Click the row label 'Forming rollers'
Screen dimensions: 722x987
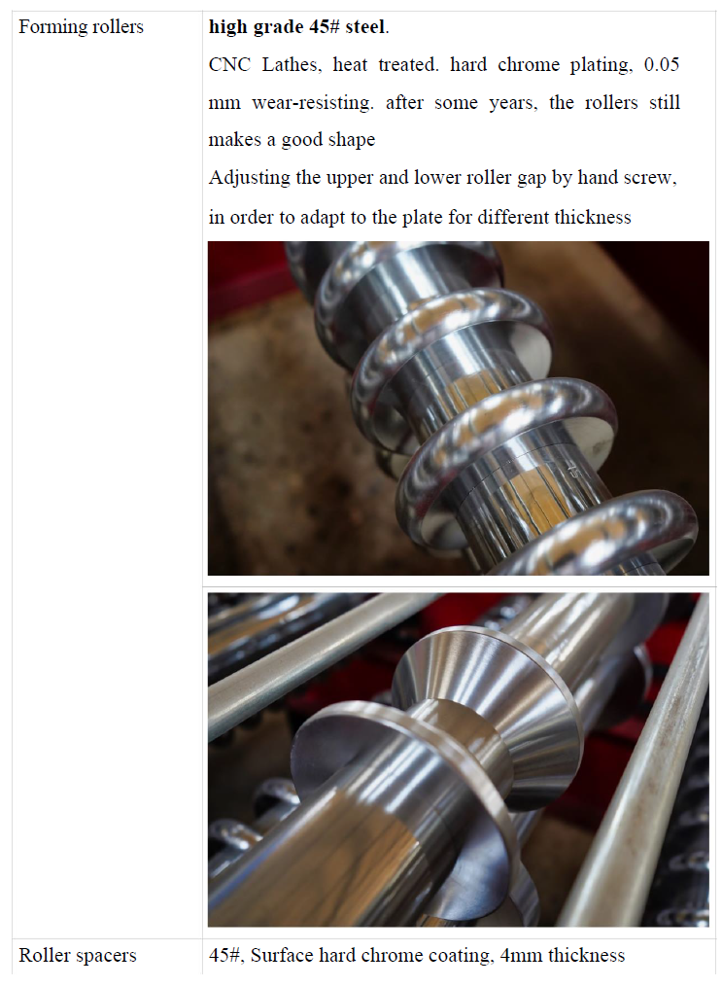point(81,27)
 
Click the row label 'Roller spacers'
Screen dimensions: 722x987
point(78,955)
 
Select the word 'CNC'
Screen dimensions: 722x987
point(229,65)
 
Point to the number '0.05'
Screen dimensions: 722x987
point(662,65)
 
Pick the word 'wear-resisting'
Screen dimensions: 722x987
point(313,103)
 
